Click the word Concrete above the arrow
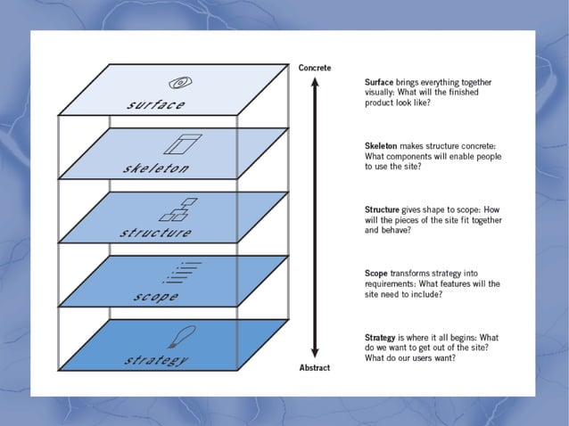click(x=315, y=67)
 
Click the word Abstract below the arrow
click(x=315, y=367)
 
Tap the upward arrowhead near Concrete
click(x=314, y=81)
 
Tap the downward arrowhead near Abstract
click(x=314, y=354)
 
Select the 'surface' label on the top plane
click(x=155, y=105)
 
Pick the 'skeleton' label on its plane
click(x=155, y=168)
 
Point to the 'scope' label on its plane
click(x=157, y=297)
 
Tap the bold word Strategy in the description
click(x=383, y=338)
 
